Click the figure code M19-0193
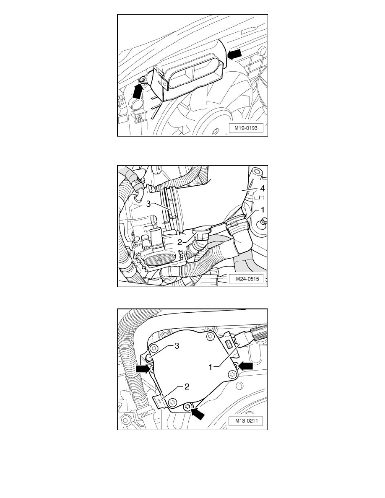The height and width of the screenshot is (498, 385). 246,129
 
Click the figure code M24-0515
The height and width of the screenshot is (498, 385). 246,279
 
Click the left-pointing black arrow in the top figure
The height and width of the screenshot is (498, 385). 236,53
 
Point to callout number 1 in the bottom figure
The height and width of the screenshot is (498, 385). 213,367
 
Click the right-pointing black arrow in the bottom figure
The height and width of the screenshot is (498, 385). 143,368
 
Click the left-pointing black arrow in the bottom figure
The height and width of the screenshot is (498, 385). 246,366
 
